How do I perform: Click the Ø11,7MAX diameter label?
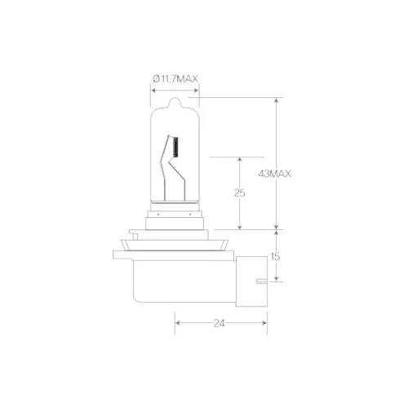tap(175, 79)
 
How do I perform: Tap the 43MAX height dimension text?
tap(274, 174)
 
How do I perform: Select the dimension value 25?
tap(240, 193)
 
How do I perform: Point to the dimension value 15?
tap(275, 256)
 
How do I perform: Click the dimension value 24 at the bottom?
tap(220, 323)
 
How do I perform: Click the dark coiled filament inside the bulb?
tap(175, 147)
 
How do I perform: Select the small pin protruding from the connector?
tap(262, 281)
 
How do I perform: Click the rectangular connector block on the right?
tap(251, 282)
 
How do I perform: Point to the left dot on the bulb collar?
tap(158, 215)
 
